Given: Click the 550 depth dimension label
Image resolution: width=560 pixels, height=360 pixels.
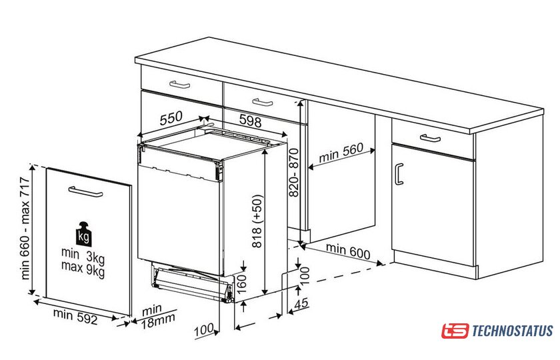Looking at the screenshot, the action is (171, 118).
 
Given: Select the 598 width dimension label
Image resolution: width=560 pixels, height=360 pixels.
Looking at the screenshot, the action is (251, 121).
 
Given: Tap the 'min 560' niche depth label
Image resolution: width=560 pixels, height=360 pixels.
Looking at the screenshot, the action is (341, 152).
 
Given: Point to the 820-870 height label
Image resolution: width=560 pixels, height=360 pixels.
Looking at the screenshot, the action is (293, 173).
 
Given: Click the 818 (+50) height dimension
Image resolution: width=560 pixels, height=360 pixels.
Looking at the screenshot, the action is (257, 221).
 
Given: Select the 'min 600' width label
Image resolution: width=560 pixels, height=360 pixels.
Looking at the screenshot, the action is (348, 251).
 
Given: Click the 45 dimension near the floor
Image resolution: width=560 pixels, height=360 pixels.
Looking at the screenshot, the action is (301, 303).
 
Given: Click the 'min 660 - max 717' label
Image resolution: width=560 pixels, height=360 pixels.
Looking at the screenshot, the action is (25, 228).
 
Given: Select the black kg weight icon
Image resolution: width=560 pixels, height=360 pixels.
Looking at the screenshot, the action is (83, 234).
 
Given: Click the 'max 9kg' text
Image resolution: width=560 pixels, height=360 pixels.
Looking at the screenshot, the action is (83, 269).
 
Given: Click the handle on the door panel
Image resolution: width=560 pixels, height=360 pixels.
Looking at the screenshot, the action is (85, 192).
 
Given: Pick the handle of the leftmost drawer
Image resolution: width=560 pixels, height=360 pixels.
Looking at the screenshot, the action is (179, 85).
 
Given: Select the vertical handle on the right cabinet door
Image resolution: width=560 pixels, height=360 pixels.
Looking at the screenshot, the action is (399, 174).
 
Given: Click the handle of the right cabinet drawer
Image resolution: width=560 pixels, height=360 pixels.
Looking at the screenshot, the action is (430, 138).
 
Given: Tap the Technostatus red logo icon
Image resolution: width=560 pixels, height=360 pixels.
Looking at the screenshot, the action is (455, 331).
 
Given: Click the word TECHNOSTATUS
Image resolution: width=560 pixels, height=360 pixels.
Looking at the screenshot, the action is (513, 331).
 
